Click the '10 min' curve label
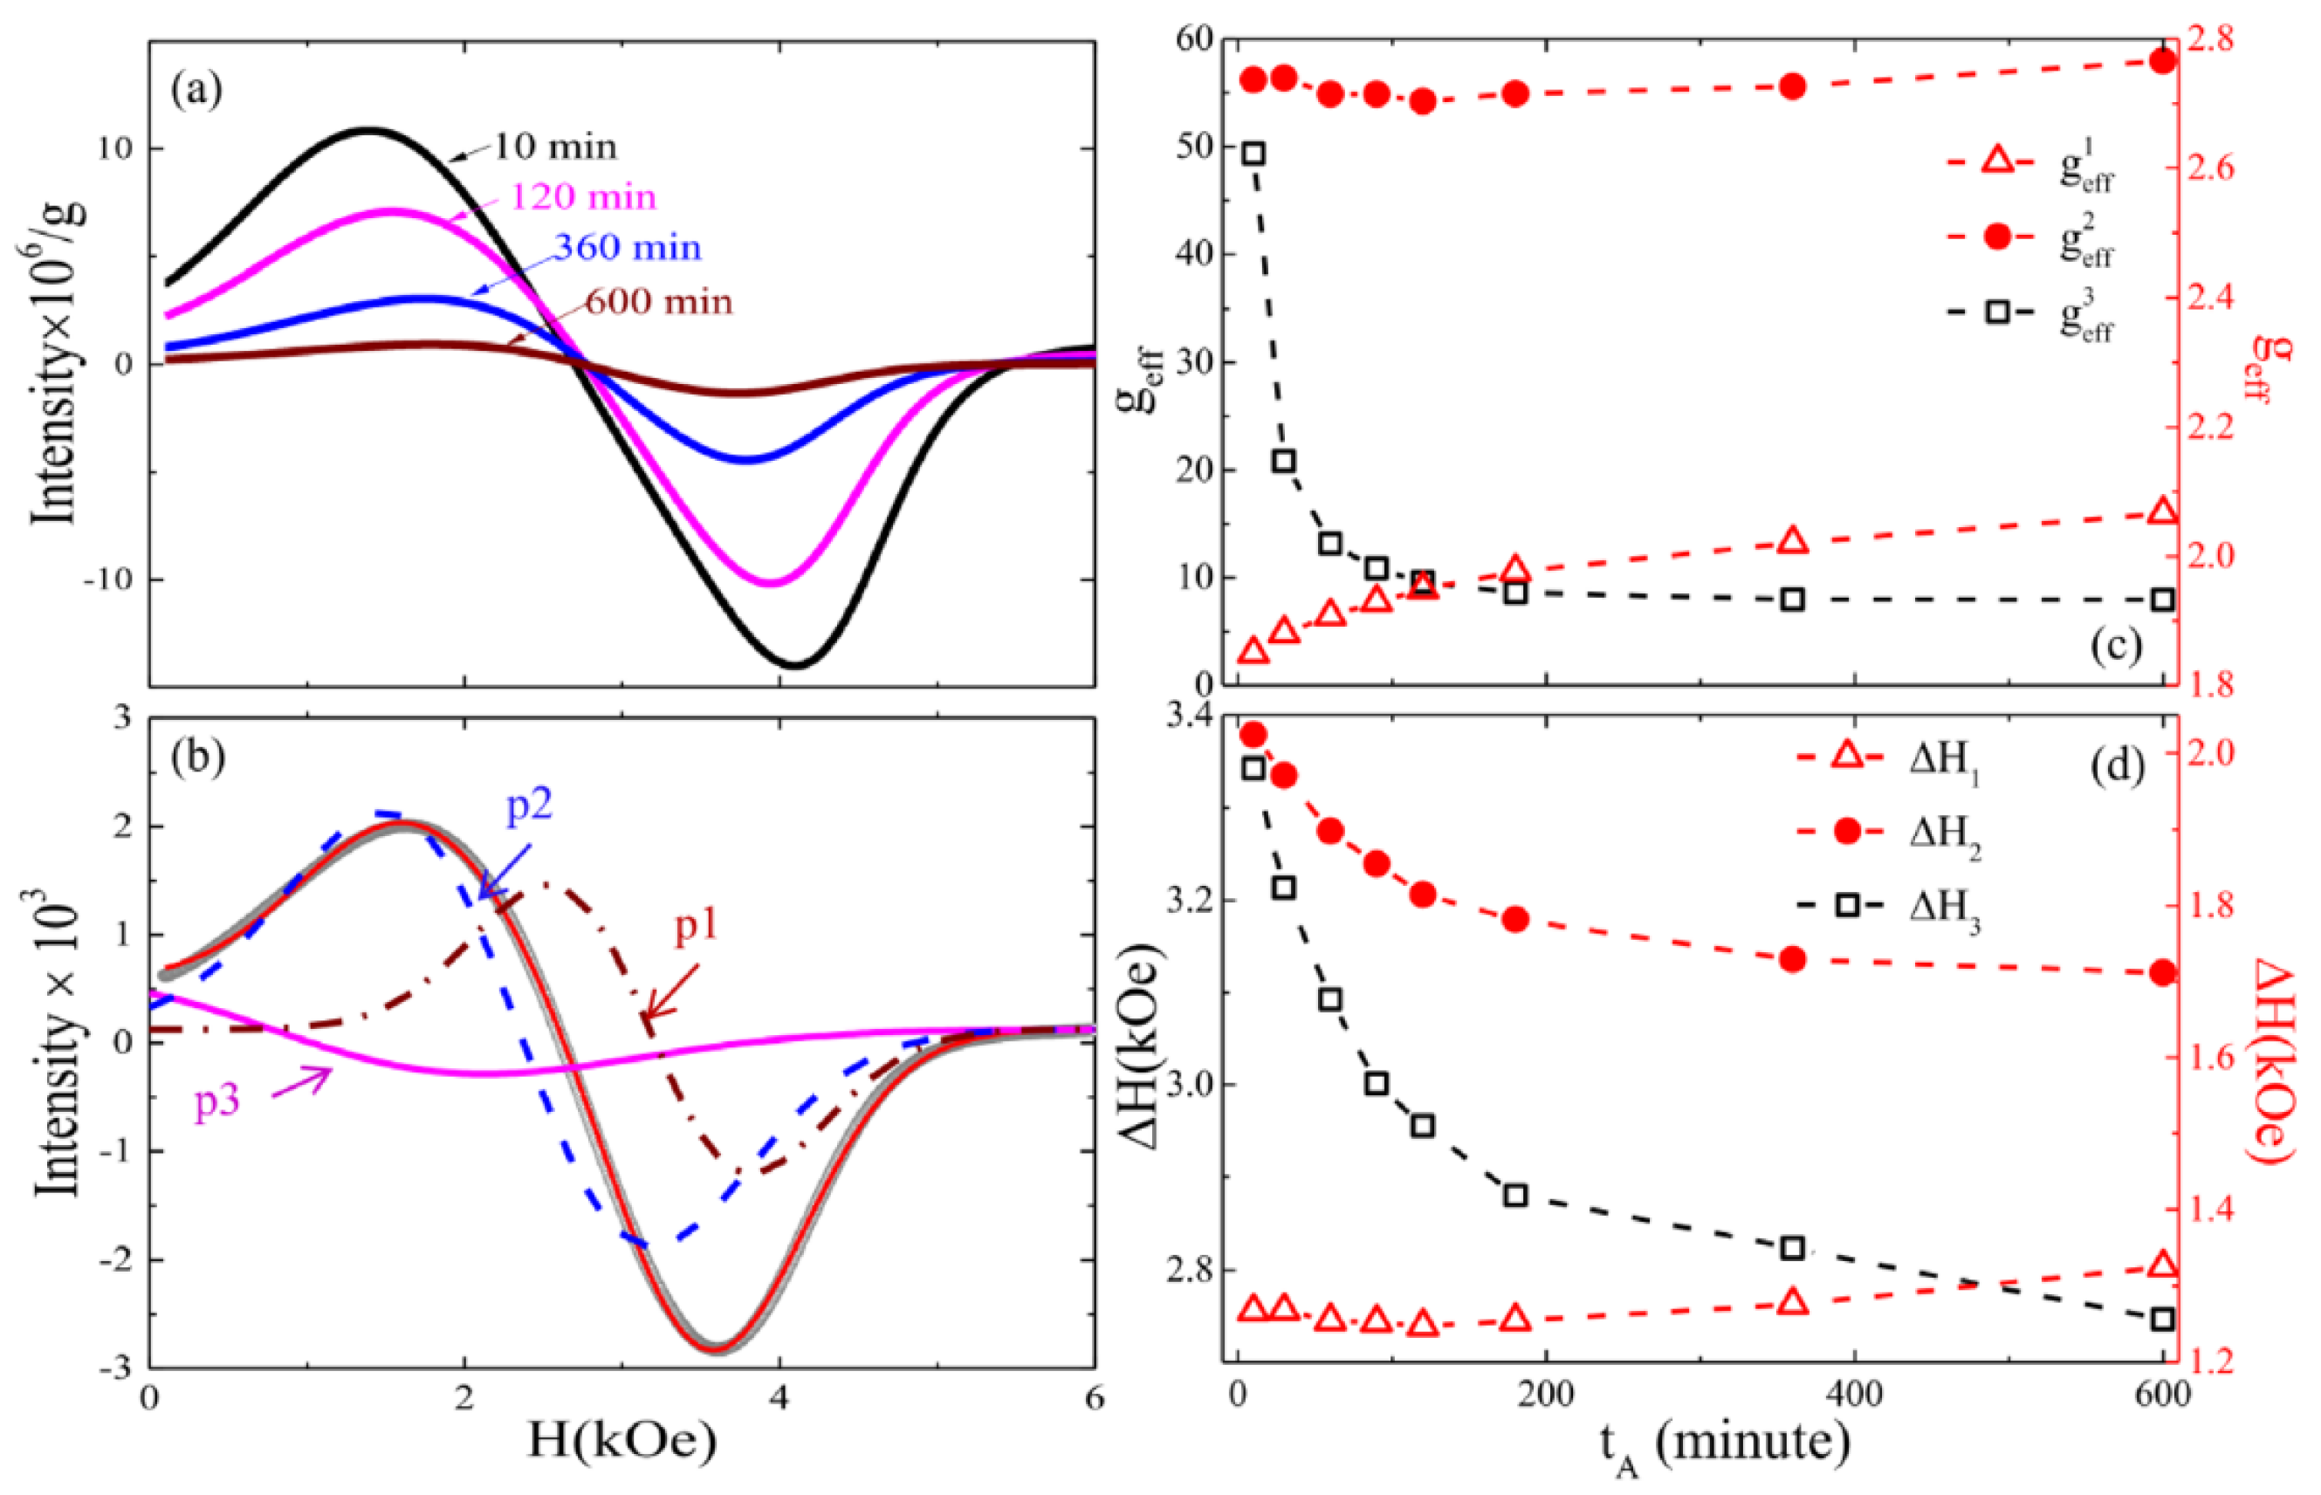pos(555,147)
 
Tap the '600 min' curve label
pos(658,302)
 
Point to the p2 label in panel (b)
pos(529,805)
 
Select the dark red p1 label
pos(696,927)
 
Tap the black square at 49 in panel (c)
pos(1253,154)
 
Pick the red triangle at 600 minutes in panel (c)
pos(2163,511)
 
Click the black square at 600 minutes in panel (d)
pos(2163,1320)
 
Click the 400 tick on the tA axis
pos(1854,1395)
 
